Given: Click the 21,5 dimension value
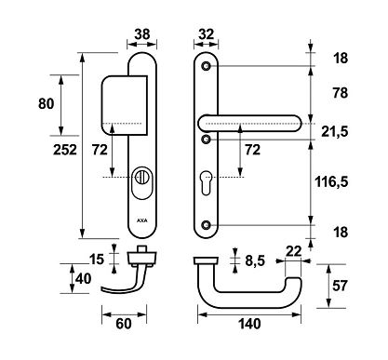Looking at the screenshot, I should (345, 132).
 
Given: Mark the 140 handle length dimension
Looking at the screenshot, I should (248, 324).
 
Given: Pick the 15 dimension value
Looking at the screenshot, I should (96, 258).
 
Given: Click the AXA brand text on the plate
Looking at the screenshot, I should (142, 221).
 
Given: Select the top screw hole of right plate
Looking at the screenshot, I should (207, 66).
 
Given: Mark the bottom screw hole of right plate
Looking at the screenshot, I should (207, 225).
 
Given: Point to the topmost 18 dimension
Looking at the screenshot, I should (341, 58).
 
